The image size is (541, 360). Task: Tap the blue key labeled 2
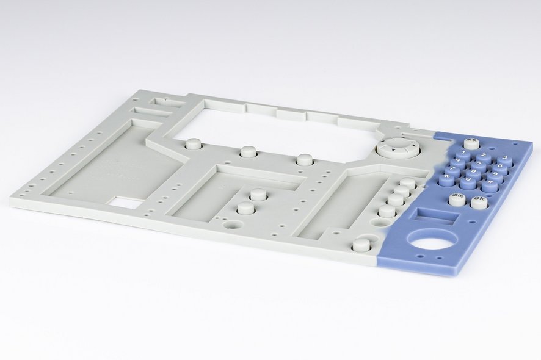483,157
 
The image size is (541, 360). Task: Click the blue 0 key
468,181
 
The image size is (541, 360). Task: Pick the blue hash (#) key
490,184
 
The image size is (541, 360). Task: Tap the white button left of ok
457,199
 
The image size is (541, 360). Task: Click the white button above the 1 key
471,144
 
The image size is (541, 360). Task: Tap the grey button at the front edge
361,245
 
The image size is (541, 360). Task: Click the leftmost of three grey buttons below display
194,144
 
